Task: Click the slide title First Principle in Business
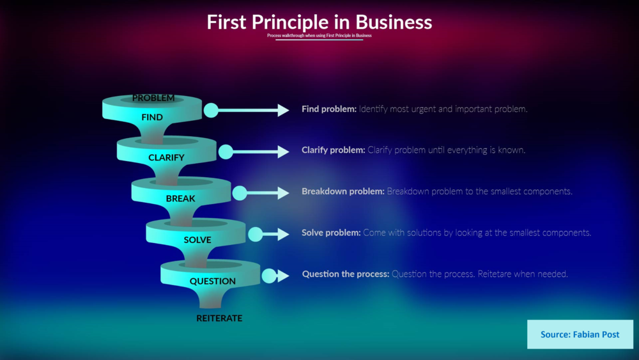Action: click(x=319, y=22)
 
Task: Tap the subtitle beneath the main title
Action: click(x=319, y=36)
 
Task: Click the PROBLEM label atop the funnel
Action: click(x=153, y=98)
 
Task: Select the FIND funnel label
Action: click(x=152, y=117)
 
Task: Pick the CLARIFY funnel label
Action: click(x=166, y=157)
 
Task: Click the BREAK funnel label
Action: click(x=181, y=198)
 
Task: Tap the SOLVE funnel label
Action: click(x=197, y=240)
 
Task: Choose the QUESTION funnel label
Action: click(x=213, y=281)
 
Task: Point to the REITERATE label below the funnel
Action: click(x=219, y=318)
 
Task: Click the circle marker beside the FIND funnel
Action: click(x=211, y=111)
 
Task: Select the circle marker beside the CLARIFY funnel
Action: click(x=226, y=152)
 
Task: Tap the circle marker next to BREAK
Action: click(x=240, y=192)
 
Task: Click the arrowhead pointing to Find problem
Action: click(x=283, y=111)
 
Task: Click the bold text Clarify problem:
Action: click(x=333, y=150)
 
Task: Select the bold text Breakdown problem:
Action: click(x=343, y=191)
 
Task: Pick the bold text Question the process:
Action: click(x=345, y=274)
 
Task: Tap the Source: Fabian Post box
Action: click(x=580, y=334)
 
